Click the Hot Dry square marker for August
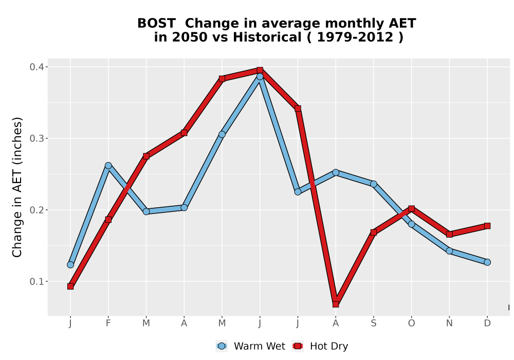tap(336, 304)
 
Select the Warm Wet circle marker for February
tap(108, 166)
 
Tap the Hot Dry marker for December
tap(487, 226)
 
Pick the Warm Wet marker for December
tap(487, 262)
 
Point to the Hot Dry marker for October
tap(411, 208)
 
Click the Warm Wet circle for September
tap(373, 184)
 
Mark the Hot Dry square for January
tap(70, 286)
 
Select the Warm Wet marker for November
tap(449, 251)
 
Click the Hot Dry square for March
tap(146, 156)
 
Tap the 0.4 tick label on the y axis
tap(36, 67)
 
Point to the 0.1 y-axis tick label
tap(36, 281)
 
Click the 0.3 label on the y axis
tap(36, 138)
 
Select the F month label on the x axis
tap(108, 323)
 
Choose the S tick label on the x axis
tap(373, 323)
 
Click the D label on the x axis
tap(487, 323)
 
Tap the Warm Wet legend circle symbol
tap(222, 346)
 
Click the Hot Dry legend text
tap(329, 346)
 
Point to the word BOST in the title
tap(156, 24)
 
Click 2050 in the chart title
tap(190, 37)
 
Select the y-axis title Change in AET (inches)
tap(17, 187)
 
